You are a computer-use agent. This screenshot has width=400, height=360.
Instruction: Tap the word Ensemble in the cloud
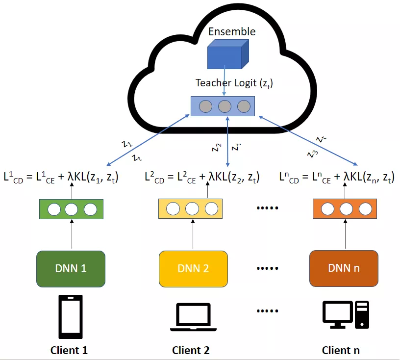tap(232, 31)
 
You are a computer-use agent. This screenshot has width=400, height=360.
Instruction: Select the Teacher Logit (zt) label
tap(234, 83)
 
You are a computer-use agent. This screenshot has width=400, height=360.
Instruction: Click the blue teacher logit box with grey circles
tap(223, 106)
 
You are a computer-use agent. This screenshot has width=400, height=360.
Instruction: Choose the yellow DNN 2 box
tap(193, 268)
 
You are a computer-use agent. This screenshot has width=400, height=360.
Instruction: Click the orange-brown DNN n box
tap(343, 268)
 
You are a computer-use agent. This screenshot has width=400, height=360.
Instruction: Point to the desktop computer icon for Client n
tap(345, 316)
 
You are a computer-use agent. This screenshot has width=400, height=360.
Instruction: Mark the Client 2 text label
tap(191, 350)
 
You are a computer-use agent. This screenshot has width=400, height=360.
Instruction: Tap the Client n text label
tap(341, 350)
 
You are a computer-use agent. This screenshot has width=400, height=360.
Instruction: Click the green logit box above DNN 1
tap(72, 209)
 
